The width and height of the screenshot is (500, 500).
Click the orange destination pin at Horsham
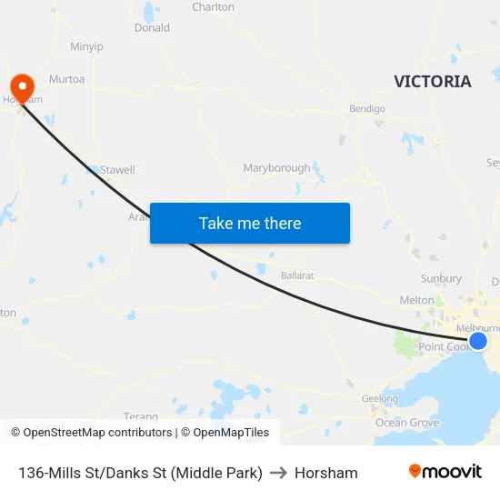(20, 86)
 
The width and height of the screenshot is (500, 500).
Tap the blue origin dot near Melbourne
(478, 341)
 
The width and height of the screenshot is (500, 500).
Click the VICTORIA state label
(433, 81)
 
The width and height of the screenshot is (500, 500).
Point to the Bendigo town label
(367, 108)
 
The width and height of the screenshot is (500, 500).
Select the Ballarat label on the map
(297, 275)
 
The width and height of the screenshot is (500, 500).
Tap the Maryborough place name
(276, 168)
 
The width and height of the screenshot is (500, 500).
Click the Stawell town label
(117, 169)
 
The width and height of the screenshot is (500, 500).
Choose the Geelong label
(380, 398)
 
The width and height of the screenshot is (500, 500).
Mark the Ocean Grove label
(407, 423)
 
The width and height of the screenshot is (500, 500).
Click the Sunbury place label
(441, 279)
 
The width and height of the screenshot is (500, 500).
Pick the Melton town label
(417, 300)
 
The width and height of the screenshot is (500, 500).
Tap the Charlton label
(213, 7)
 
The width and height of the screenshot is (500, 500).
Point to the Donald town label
(152, 28)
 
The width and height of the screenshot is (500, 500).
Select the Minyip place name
(86, 46)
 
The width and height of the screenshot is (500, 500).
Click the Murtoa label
(67, 79)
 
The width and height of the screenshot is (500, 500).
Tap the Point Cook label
(442, 347)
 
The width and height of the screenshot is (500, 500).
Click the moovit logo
(445, 472)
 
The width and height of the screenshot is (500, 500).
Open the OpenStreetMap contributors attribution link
(93, 433)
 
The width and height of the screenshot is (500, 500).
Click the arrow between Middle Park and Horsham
(278, 473)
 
